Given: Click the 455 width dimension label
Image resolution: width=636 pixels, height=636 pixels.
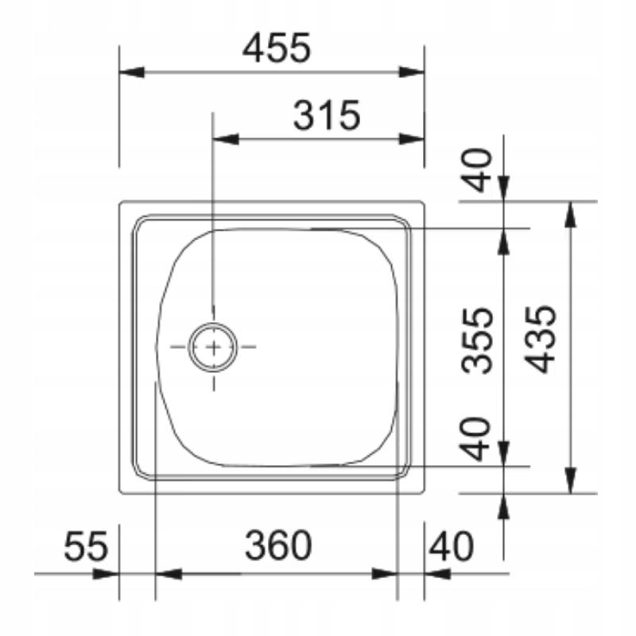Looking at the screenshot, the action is click(277, 48).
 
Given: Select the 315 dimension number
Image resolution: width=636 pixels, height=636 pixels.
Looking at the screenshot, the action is click(327, 115).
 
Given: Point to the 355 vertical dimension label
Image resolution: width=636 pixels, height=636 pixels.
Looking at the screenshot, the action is click(478, 340).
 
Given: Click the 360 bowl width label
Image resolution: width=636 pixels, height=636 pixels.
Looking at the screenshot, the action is click(278, 545).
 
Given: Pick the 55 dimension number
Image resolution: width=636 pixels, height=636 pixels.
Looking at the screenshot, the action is click(86, 546).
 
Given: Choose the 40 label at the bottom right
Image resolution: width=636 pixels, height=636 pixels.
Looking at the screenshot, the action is click(451, 546).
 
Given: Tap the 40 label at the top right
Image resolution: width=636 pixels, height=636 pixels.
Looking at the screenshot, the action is click(478, 169).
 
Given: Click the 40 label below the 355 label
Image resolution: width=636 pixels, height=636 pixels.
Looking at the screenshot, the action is click(476, 439).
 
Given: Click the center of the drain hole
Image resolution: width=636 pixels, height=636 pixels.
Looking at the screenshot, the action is click(213, 347).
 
